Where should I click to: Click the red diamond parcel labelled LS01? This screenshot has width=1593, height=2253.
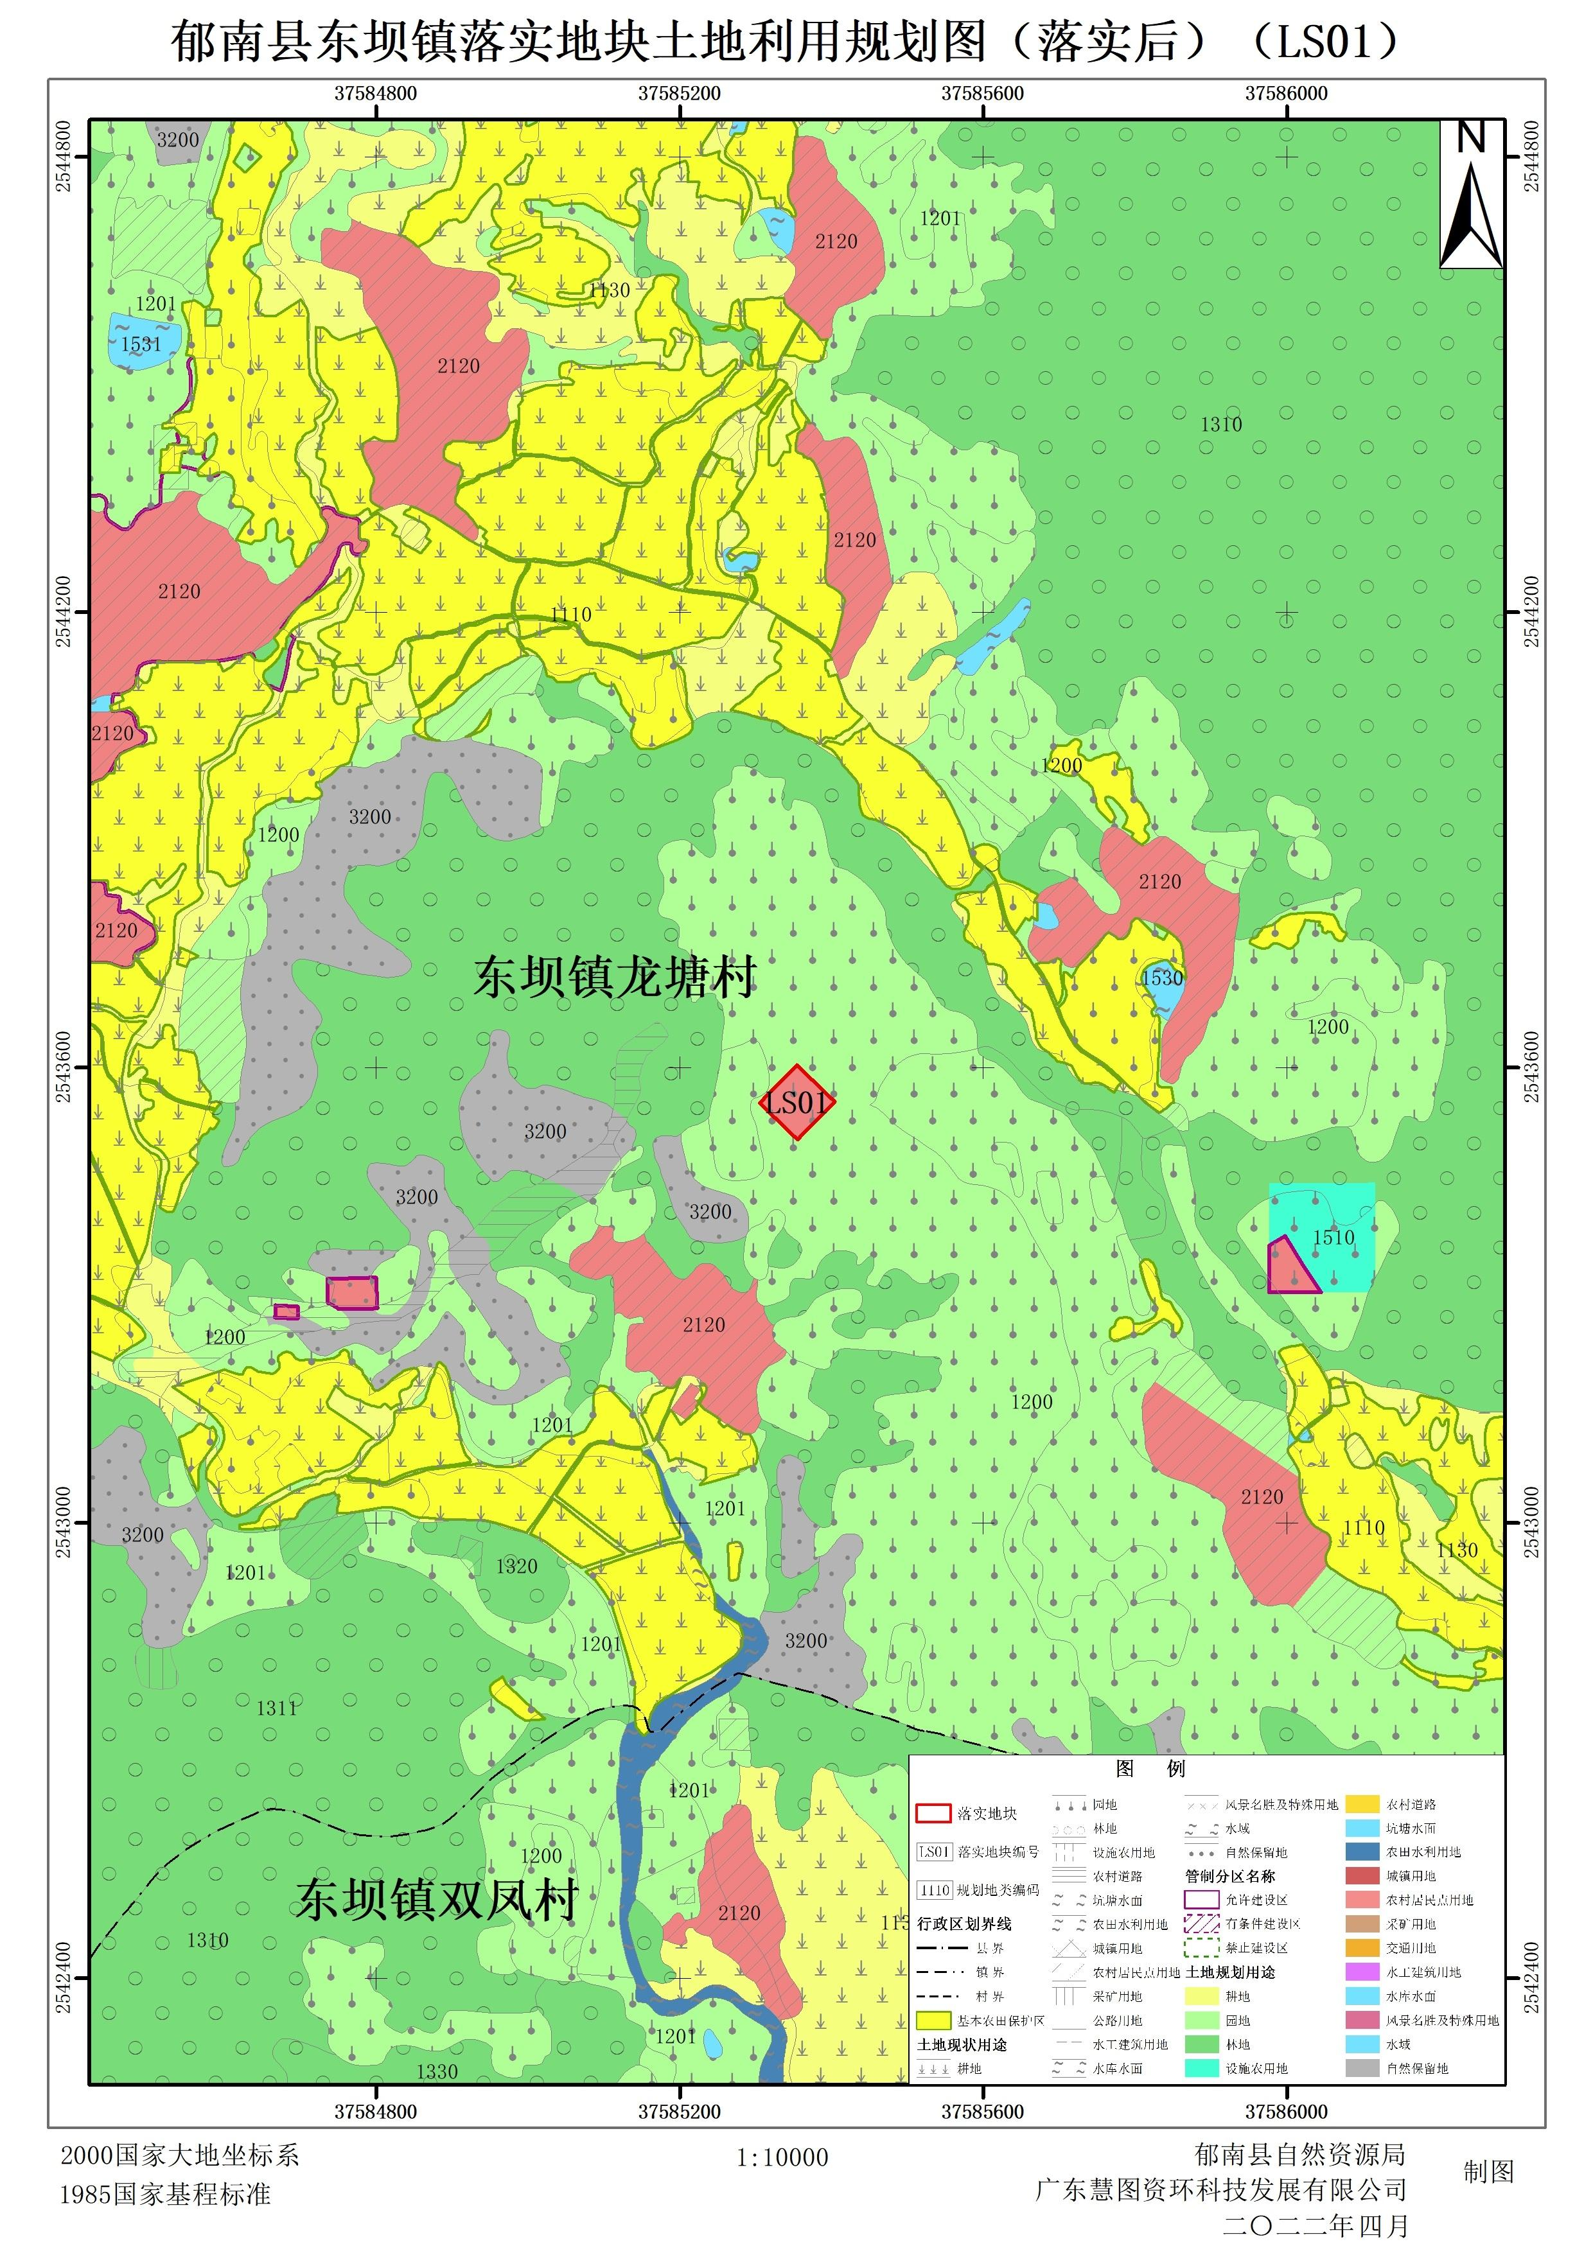pos(797,1102)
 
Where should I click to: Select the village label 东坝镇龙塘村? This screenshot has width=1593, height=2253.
pos(615,977)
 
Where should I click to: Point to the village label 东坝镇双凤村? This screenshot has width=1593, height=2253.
pos(436,1900)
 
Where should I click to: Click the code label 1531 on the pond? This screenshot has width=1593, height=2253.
pos(141,344)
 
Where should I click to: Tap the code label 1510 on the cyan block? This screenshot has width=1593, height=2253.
pos(1333,1238)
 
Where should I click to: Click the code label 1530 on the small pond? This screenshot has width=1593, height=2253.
pos(1161,978)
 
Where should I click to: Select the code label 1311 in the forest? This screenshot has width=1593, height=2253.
pos(277,1708)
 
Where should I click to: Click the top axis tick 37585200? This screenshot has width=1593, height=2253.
pos(679,93)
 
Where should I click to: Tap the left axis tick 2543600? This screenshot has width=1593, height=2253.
pos(63,1067)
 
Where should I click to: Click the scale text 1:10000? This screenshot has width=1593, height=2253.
pos(782,2158)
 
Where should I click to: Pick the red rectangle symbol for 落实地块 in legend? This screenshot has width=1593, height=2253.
pos(933,1812)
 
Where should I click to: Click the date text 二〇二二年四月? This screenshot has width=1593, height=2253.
pos(1316,2225)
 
